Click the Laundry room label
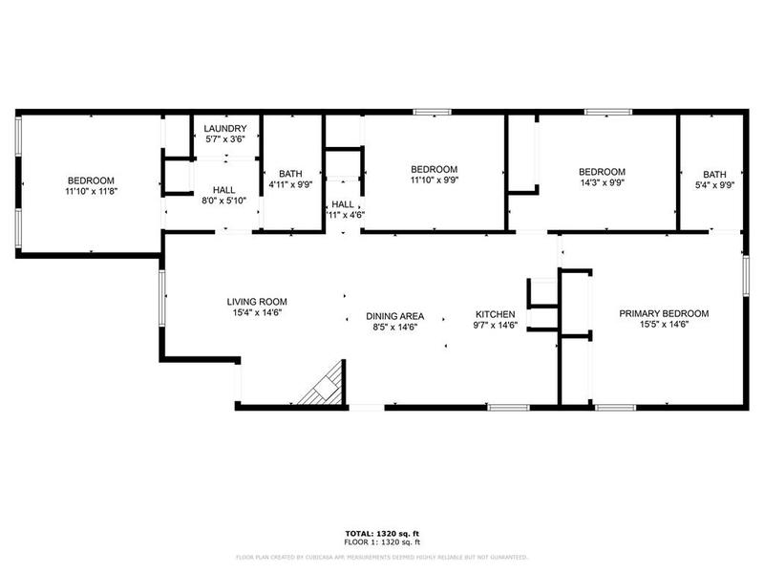pos(226,129)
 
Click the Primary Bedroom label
pos(665,313)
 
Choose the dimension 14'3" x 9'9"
pos(602,183)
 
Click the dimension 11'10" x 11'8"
pos(91,191)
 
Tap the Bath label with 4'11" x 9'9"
pos(291,173)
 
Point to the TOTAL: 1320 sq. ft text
pos(381,532)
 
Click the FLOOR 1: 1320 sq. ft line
pos(381,541)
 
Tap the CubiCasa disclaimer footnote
pos(381,557)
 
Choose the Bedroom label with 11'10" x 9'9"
pos(435,169)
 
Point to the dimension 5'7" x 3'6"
pos(226,139)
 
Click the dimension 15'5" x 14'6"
pos(665,325)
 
